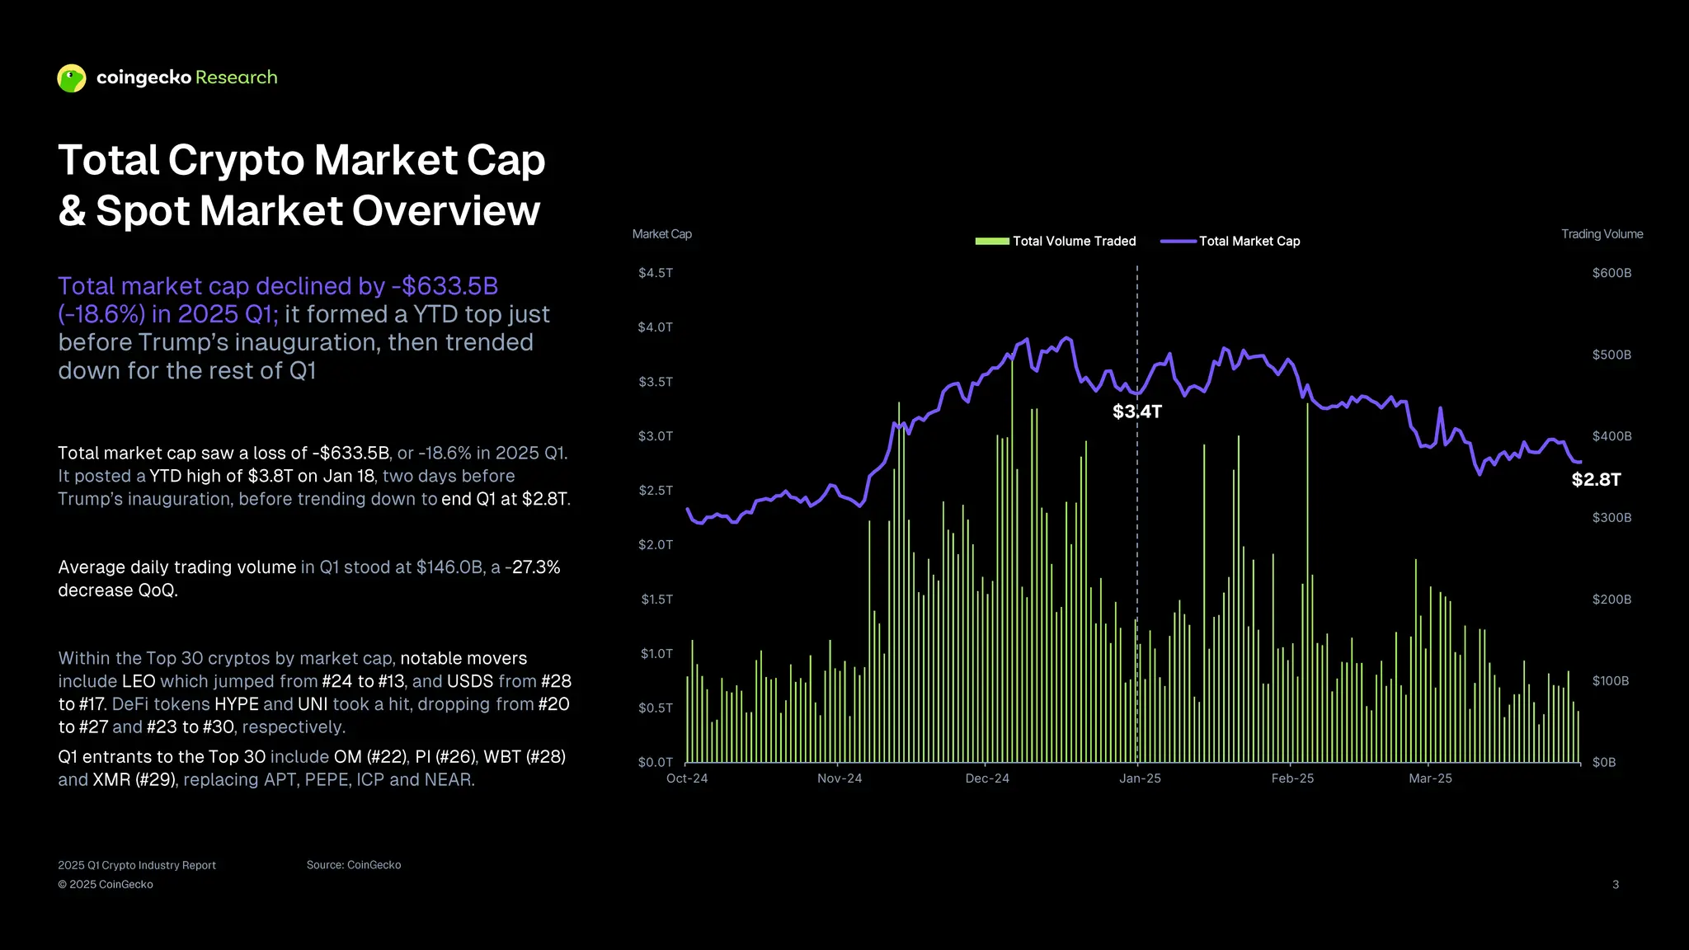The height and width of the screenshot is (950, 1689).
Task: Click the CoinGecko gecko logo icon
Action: tap(72, 78)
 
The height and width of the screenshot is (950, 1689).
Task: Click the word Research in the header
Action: tap(236, 78)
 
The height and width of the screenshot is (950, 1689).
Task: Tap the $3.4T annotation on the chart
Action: tap(1136, 412)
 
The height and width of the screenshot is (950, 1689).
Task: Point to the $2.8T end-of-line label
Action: tap(1596, 480)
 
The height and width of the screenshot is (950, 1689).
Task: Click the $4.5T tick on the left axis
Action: tap(656, 273)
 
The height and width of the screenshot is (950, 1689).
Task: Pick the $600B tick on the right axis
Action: tap(1611, 273)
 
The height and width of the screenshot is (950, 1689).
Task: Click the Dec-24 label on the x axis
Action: tap(987, 778)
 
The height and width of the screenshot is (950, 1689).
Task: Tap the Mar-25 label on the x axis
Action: tap(1430, 778)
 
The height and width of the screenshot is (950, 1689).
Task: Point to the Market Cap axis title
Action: tap(661, 234)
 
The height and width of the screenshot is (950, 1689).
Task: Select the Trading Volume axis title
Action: tap(1602, 234)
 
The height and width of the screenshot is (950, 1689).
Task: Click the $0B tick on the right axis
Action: tap(1604, 762)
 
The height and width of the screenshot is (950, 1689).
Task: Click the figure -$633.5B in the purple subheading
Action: tap(445, 286)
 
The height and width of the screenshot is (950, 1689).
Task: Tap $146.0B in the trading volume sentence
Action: tap(449, 567)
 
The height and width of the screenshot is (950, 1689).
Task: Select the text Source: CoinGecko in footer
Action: tap(354, 865)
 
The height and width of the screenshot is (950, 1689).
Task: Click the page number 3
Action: tap(1615, 884)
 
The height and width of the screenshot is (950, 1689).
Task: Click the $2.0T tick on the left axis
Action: tap(656, 545)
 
